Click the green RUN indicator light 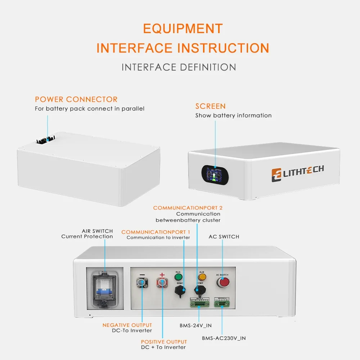[x=178, y=277]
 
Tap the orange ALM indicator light [x=202, y=277]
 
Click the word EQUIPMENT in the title [x=183, y=28]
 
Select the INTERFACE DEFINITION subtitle [x=179, y=67]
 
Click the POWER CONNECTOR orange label [x=76, y=99]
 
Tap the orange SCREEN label [x=211, y=106]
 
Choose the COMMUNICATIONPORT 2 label [x=188, y=208]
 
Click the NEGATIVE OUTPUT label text [x=127, y=325]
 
